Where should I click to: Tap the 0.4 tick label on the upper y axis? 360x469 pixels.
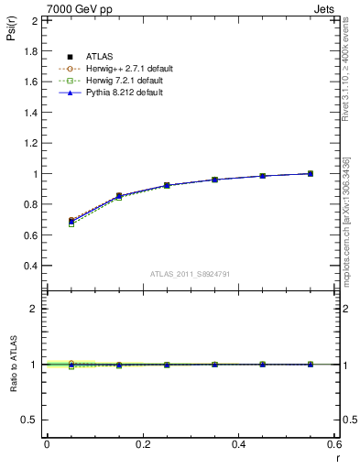click(x=31, y=266)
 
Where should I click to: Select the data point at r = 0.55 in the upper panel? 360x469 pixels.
click(x=311, y=173)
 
